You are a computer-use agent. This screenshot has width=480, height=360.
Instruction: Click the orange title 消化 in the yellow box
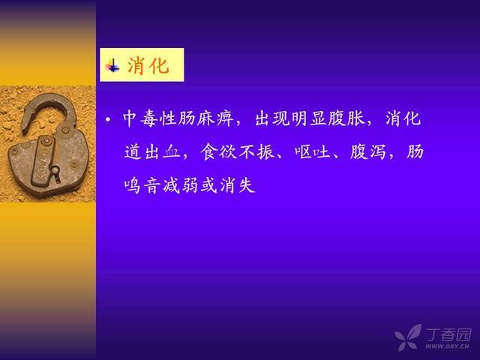click(148, 65)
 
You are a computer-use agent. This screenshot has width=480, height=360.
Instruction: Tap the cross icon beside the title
click(112, 65)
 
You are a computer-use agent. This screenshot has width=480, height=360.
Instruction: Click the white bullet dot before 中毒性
click(108, 119)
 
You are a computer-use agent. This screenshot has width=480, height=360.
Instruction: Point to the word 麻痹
click(214, 118)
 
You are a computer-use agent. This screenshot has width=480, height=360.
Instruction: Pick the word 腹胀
click(346, 118)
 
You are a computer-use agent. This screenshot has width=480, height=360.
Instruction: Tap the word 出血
click(163, 151)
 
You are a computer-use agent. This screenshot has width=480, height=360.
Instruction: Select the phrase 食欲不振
click(238, 151)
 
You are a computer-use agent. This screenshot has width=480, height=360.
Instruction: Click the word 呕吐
click(313, 151)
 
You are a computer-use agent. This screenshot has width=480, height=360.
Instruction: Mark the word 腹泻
click(367, 151)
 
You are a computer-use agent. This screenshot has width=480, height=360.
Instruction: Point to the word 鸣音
click(142, 185)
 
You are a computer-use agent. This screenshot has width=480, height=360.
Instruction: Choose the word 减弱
click(181, 185)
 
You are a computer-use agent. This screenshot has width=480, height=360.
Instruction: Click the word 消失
click(238, 185)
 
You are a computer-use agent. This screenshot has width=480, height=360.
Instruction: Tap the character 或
click(209, 185)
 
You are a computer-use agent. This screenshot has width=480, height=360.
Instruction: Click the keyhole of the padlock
click(55, 172)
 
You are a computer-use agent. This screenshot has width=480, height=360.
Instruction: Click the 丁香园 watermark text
click(448, 334)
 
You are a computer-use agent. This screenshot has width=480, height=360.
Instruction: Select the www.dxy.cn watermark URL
click(447, 346)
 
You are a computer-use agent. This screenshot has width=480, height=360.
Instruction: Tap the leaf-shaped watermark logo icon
click(408, 337)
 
